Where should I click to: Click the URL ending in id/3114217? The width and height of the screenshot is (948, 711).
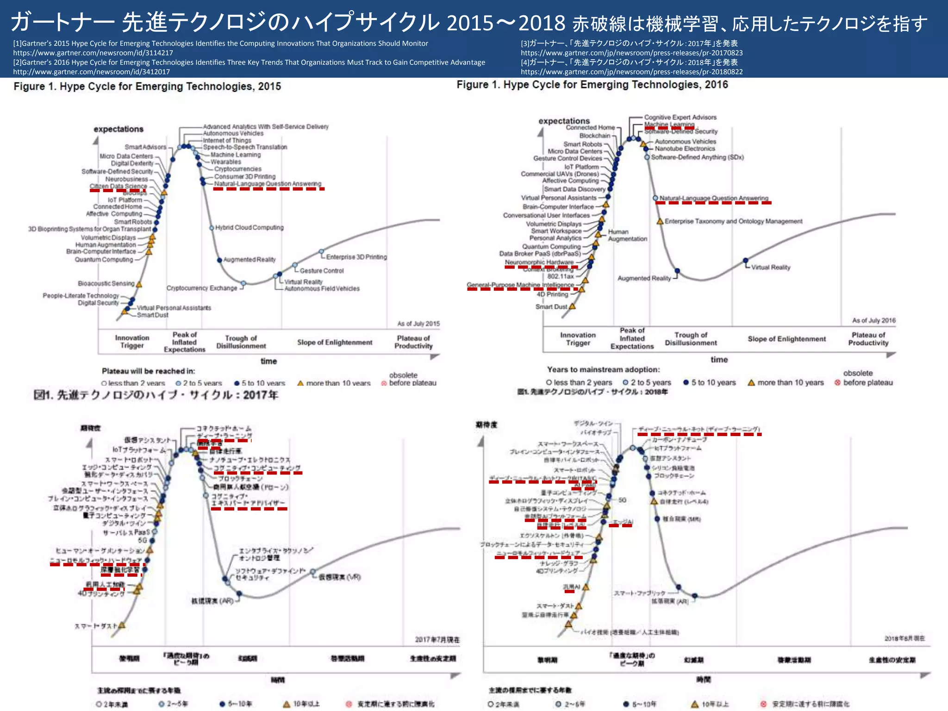(x=93, y=53)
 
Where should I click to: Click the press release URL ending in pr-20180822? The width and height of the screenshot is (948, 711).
(x=631, y=72)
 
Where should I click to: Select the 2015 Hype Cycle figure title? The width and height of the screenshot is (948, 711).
(x=147, y=87)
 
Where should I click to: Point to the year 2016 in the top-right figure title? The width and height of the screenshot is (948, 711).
(x=716, y=85)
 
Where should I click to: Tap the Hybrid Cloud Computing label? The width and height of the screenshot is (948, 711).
(x=249, y=228)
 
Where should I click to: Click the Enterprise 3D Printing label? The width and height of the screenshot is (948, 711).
(x=356, y=257)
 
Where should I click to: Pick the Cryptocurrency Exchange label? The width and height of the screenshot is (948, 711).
(x=202, y=288)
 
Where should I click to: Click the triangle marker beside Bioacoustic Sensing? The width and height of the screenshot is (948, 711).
(x=139, y=284)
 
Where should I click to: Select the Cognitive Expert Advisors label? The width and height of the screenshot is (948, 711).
(x=680, y=118)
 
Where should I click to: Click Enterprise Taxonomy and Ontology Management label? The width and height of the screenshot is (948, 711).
(x=733, y=221)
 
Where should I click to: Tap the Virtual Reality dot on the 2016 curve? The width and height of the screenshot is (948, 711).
(x=745, y=260)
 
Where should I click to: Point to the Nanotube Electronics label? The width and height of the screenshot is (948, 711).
(x=685, y=149)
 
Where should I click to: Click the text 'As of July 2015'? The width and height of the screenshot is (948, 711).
(x=418, y=324)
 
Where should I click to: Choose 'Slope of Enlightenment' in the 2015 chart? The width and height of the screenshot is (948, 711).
(x=335, y=343)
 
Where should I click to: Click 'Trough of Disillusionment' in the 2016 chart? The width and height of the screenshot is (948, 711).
(x=691, y=339)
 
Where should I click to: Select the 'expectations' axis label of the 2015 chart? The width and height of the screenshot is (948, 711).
(x=118, y=129)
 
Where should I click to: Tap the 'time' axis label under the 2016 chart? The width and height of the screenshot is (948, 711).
(x=719, y=360)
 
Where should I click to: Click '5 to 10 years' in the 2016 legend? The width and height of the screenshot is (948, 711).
(x=713, y=383)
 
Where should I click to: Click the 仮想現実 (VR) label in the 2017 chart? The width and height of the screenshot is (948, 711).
(x=339, y=577)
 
